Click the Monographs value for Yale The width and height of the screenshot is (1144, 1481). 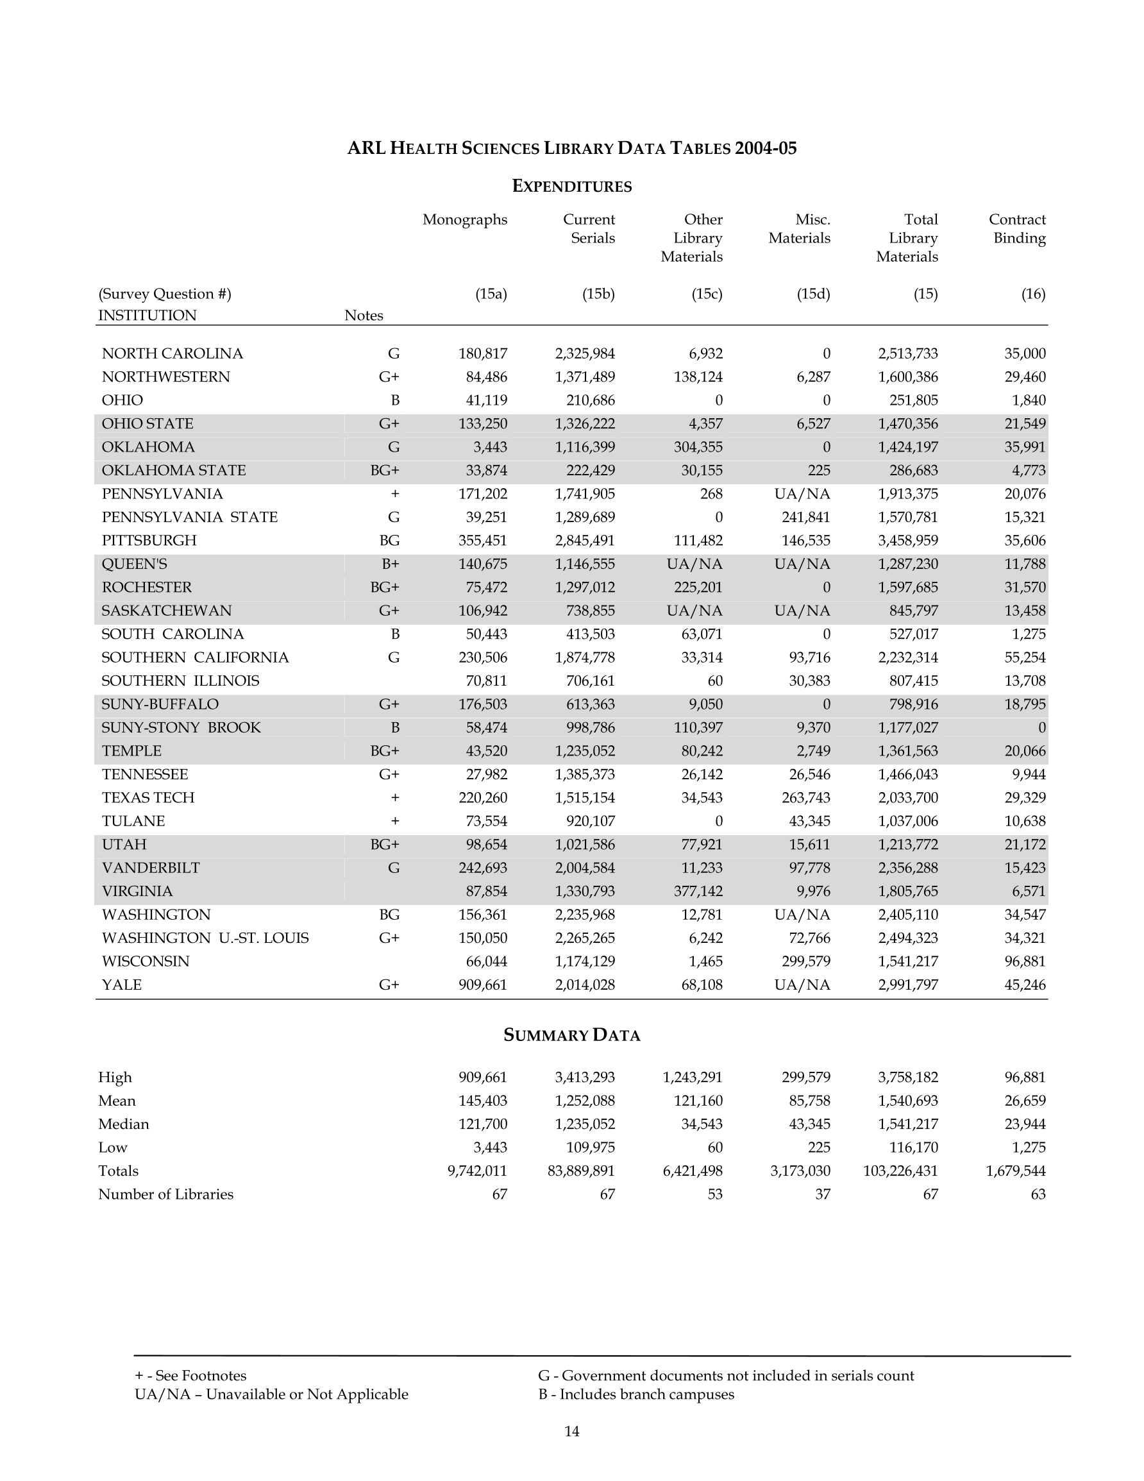click(482, 985)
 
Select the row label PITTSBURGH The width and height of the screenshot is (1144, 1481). click(149, 541)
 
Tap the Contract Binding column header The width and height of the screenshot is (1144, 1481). click(1016, 228)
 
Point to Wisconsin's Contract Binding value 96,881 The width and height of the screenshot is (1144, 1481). click(1025, 961)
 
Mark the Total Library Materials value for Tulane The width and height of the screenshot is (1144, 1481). click(907, 821)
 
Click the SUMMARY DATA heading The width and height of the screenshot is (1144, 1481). click(571, 1035)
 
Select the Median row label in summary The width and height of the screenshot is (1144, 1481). click(123, 1124)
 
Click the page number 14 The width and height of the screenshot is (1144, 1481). click(571, 1432)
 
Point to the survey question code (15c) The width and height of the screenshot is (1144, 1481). click(707, 294)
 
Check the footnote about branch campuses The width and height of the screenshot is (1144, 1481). click(636, 1395)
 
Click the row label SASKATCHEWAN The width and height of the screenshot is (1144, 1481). click(166, 611)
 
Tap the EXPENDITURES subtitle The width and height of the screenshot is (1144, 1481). click(571, 187)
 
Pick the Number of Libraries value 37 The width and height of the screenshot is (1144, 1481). click(822, 1194)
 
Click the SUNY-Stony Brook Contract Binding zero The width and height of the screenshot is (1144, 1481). click(1041, 727)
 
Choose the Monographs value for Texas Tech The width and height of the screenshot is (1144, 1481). click(482, 797)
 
